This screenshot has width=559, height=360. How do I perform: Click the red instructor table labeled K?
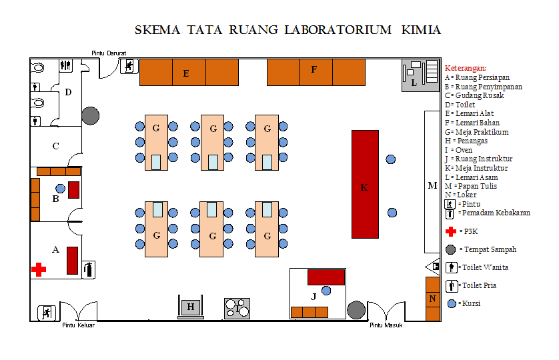365,184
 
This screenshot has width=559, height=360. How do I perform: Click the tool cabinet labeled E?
189,72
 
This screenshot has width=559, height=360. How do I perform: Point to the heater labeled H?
191,307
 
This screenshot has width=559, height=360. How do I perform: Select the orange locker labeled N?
433,298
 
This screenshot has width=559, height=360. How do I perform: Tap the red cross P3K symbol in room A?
39,269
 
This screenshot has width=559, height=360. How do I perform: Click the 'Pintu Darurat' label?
109,53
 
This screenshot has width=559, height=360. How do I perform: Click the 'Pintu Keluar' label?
78,326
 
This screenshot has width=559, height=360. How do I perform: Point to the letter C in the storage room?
55,146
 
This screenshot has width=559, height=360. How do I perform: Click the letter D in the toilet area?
68,92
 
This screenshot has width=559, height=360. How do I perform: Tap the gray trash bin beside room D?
90,115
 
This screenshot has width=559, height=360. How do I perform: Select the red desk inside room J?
326,277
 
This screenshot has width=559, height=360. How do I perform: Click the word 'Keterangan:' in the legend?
466,68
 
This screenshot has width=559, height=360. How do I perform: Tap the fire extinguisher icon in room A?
89,269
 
